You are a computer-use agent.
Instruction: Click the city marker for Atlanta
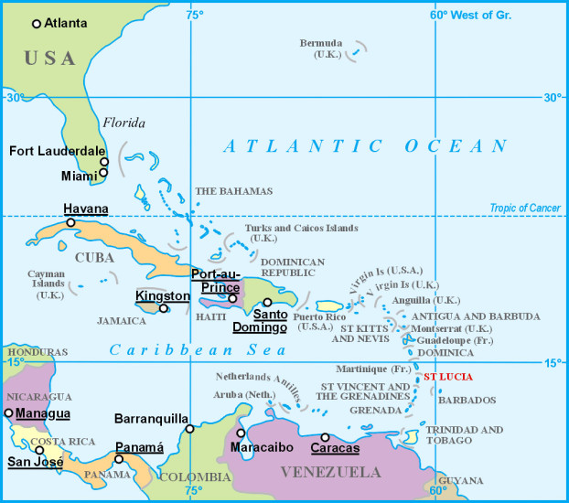tap(37, 23)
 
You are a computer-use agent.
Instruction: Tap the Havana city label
tap(85, 209)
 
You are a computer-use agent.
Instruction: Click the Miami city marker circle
tap(103, 172)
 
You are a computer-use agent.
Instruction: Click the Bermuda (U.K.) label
tap(321, 48)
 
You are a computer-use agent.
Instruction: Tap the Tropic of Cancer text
tap(524, 209)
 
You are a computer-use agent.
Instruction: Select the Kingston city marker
tap(164, 308)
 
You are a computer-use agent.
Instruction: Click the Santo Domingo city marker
tap(267, 302)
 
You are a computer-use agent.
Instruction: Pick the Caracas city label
tap(335, 448)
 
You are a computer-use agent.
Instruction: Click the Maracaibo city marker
tap(241, 433)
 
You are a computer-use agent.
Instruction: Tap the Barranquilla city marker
tap(189, 428)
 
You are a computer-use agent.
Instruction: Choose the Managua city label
tap(42, 413)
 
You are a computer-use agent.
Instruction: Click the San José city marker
tap(39, 450)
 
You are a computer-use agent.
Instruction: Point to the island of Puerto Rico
tap(328, 305)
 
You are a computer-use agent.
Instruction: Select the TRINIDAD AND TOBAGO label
tap(464, 435)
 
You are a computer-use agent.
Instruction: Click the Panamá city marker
tap(119, 459)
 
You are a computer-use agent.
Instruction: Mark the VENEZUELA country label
tap(330, 473)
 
